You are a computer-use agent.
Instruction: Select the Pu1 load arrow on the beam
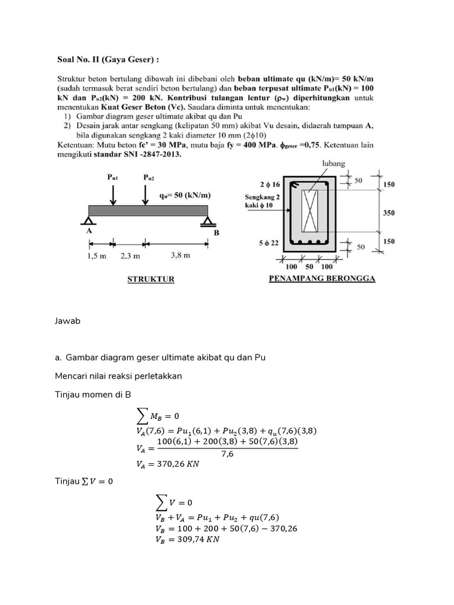tap(113, 193)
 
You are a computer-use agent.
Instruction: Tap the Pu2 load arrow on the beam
tap(145, 193)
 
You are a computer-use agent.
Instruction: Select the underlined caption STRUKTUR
tap(151, 279)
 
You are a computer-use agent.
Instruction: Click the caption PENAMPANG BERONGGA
tap(322, 278)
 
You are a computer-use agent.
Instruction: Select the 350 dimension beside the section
tap(388, 213)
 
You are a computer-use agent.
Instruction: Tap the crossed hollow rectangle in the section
tap(310, 211)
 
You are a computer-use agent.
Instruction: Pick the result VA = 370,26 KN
tap(168, 464)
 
